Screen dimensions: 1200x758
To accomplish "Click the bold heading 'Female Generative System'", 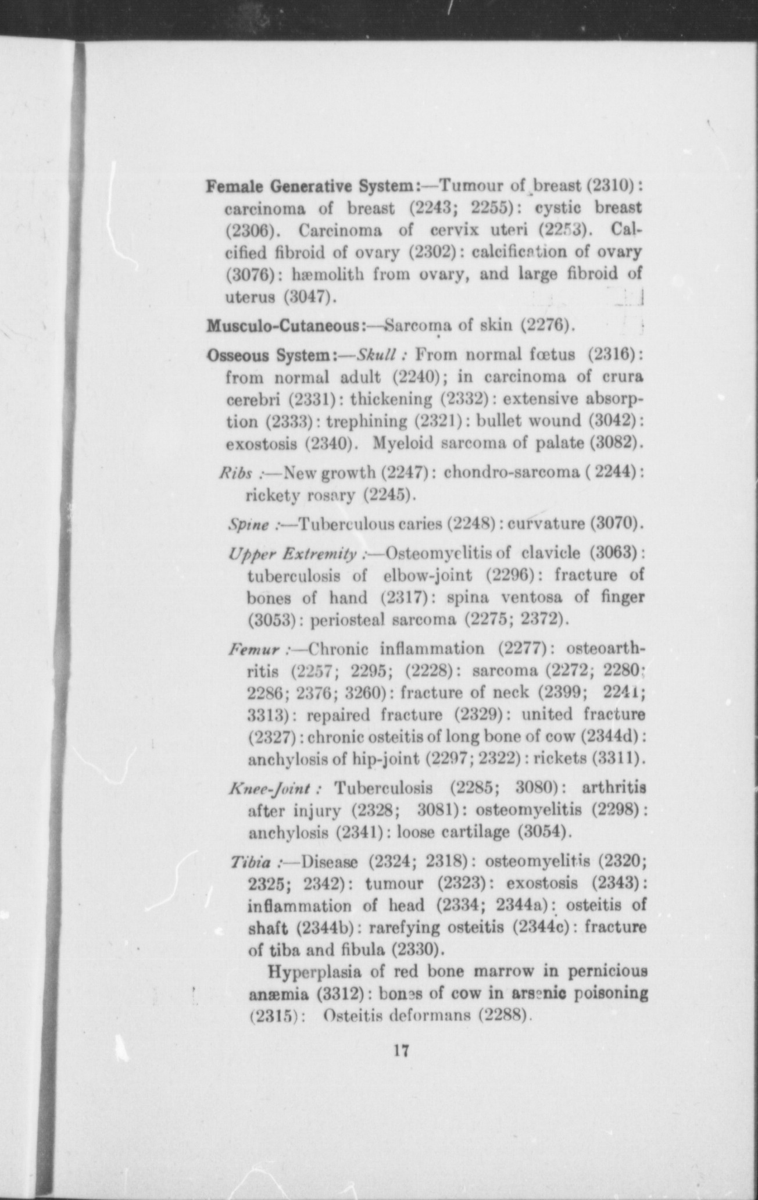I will coord(310,187).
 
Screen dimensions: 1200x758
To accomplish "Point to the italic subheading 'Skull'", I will coord(377,355).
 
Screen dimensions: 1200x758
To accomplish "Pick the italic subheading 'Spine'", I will coord(249,526).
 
